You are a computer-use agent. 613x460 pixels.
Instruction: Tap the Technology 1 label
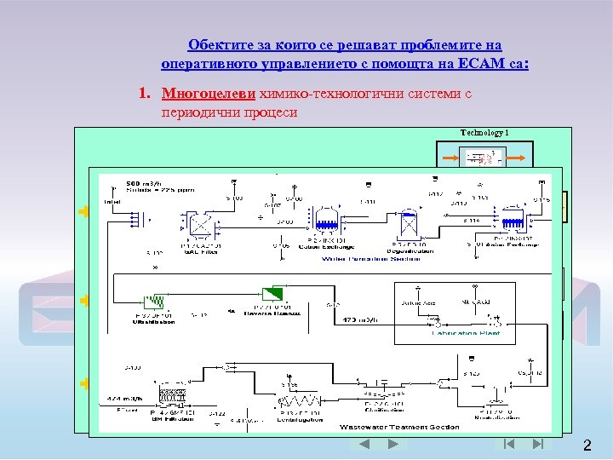[484, 132]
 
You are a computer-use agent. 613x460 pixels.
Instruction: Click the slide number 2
[587, 446]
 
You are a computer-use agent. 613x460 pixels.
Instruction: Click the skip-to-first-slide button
[509, 444]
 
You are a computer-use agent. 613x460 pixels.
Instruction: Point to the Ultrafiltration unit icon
[153, 301]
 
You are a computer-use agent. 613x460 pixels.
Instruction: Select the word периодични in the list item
[193, 112]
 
